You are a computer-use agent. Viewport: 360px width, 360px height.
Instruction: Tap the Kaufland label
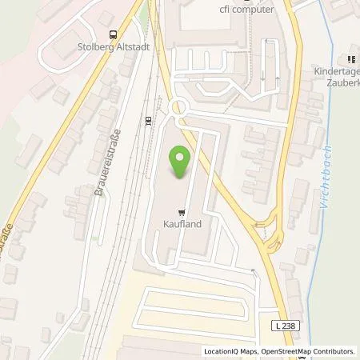[x=183, y=225]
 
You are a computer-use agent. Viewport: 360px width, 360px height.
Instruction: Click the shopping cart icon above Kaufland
[x=183, y=213]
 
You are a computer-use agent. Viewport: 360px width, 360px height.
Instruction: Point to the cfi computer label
[x=247, y=9]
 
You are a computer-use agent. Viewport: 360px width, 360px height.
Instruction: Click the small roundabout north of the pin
[x=178, y=107]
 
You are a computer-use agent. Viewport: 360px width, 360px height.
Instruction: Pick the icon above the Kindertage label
[x=350, y=59]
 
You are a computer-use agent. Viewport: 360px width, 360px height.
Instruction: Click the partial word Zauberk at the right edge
[x=341, y=82]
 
